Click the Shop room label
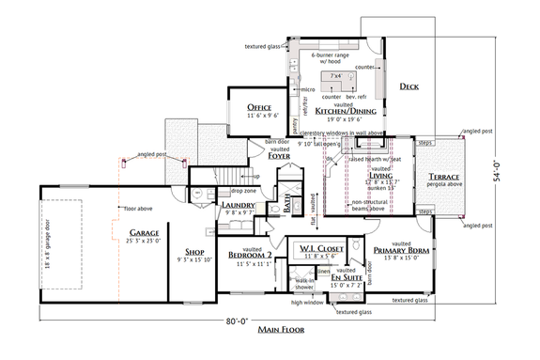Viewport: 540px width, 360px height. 194,251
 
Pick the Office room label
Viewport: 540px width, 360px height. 259,108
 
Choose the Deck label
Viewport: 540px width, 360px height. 409,86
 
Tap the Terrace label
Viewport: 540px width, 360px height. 439,177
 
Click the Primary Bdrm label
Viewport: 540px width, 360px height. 401,250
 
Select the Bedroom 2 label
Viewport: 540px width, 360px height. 251,255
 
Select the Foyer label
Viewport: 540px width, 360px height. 279,156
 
